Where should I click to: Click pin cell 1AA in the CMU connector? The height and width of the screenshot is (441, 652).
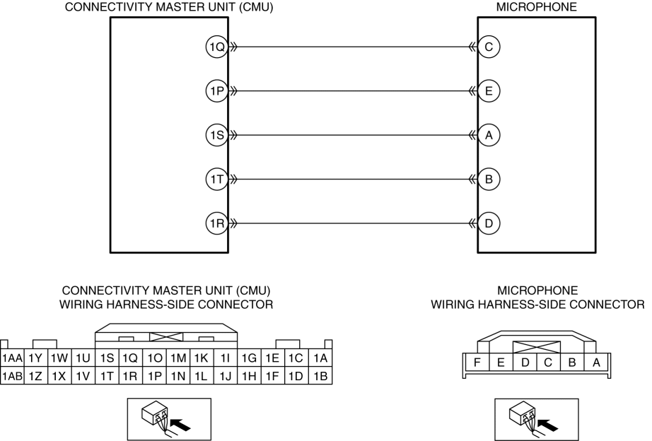point(12,358)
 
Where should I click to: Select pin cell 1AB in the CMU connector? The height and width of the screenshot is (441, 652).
point(12,376)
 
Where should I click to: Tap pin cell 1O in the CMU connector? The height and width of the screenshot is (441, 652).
point(155,358)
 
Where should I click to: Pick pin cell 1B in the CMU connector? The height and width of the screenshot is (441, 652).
point(320,376)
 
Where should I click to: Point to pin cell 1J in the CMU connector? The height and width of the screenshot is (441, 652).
point(226,376)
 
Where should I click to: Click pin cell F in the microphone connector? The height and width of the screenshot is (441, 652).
point(477,363)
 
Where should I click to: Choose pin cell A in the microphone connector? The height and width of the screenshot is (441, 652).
point(596,363)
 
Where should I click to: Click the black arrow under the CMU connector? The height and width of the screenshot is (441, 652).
point(181,424)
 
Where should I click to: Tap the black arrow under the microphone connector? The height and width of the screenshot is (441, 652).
point(548,424)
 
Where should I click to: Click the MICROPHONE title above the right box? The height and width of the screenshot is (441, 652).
point(537,7)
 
